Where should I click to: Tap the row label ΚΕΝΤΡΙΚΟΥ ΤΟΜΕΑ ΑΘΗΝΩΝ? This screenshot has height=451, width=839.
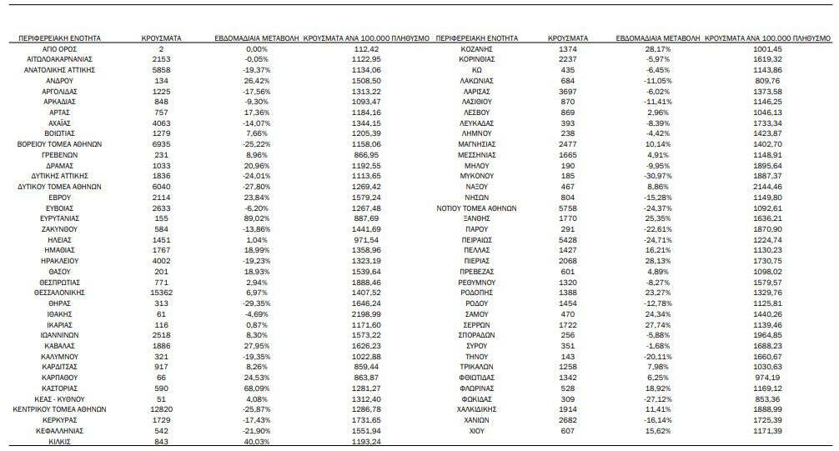pos(59,410)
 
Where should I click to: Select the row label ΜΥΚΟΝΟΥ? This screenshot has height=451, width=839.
pos(478,177)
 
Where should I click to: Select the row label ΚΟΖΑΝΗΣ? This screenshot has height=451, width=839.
pos(478,50)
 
